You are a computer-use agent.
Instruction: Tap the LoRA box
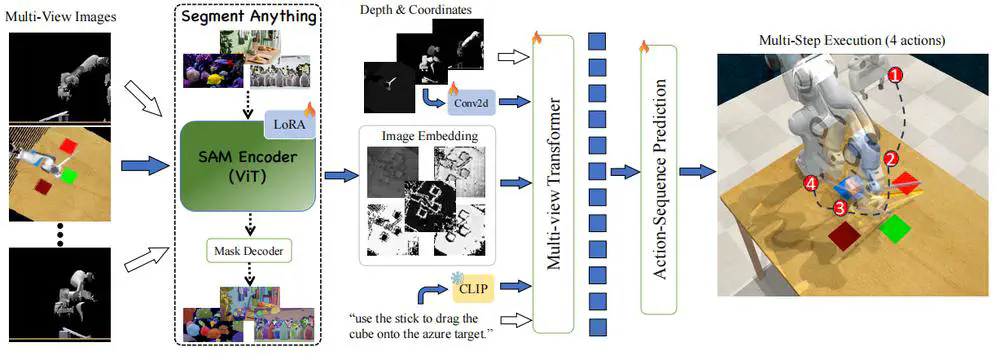coord(288,125)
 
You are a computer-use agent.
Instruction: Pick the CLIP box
coord(474,291)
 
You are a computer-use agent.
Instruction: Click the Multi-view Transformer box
coord(554,182)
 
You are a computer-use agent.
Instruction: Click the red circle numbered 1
coord(896,74)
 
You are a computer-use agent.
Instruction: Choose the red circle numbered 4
coord(811,184)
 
